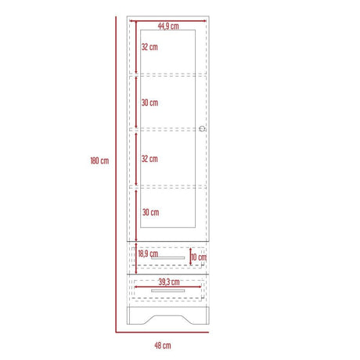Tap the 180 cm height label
coord(99,160)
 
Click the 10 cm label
coord(199,257)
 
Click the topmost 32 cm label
coord(149,47)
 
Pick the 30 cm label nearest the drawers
coord(149,213)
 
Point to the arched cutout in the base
coord(168,314)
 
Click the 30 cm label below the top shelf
coord(149,103)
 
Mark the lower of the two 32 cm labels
coord(149,158)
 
